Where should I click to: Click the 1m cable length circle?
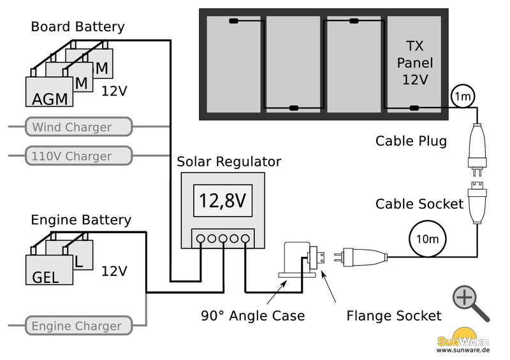[462, 97]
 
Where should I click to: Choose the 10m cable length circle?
[427, 240]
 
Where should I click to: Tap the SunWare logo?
[463, 339]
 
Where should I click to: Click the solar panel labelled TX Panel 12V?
[414, 64]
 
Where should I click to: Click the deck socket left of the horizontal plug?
[297, 260]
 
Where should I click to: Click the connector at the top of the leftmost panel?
[234, 22]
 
